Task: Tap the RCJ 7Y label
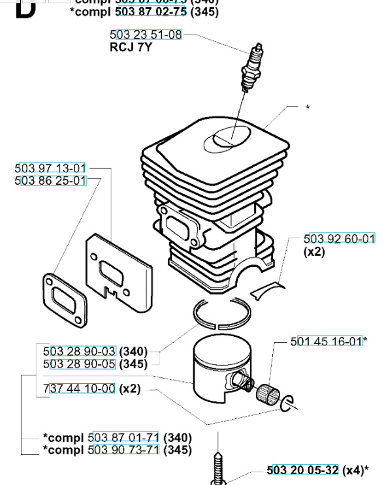[x=131, y=47]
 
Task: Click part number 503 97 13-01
[x=50, y=169]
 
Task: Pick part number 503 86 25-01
[x=50, y=180]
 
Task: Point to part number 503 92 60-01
[x=340, y=239]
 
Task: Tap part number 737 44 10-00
[x=79, y=388]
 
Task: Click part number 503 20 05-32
[x=303, y=469]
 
